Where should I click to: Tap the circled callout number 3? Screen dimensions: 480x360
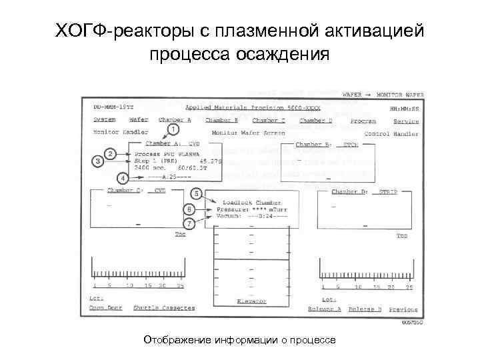(x=99, y=161)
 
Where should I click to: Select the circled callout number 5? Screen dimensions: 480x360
(x=197, y=193)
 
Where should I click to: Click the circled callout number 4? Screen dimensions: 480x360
(x=123, y=178)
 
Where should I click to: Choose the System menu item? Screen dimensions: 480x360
(x=104, y=121)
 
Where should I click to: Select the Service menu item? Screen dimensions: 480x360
(x=405, y=121)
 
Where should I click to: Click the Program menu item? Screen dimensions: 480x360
(x=363, y=121)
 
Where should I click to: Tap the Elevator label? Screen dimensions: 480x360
(x=251, y=301)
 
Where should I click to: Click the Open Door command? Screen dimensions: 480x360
(x=107, y=308)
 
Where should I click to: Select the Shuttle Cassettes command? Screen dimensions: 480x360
(x=164, y=308)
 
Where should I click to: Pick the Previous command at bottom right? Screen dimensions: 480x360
(x=403, y=309)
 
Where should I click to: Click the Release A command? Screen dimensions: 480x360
(x=325, y=309)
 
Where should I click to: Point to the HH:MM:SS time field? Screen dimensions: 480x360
(x=405, y=108)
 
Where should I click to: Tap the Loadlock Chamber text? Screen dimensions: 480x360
(x=252, y=201)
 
